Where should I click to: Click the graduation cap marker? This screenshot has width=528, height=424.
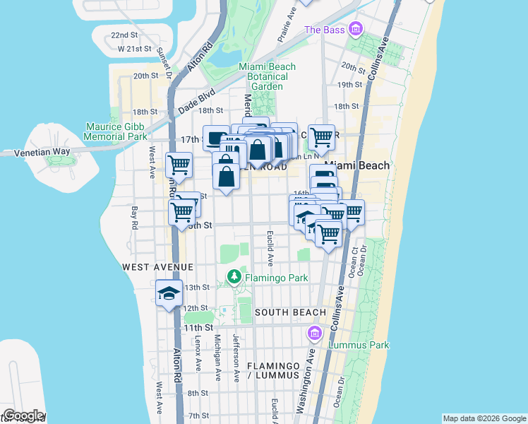(169, 293)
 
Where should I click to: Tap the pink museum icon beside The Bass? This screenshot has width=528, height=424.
(355, 29)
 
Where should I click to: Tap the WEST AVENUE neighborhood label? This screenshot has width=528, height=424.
(157, 266)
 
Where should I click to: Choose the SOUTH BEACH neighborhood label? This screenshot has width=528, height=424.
(290, 312)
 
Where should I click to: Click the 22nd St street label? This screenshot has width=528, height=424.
(124, 35)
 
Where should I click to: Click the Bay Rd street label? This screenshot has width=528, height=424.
(134, 217)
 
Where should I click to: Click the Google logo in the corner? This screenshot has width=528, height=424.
(23, 416)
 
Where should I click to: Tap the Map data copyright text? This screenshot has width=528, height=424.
(484, 418)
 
